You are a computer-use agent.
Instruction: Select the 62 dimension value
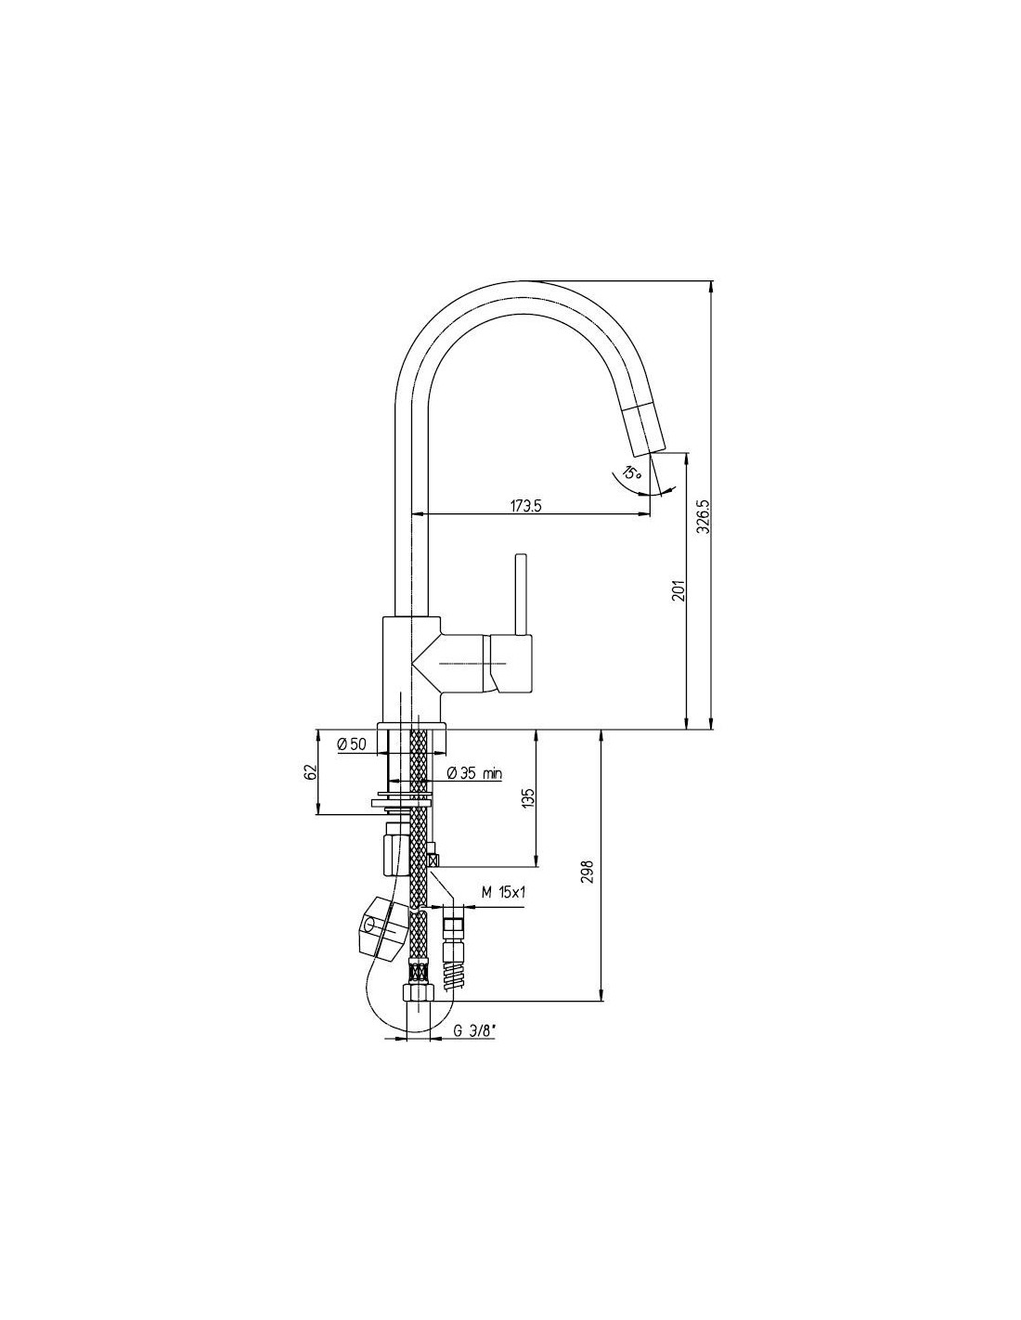click(x=311, y=771)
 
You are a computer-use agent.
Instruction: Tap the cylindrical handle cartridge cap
click(x=510, y=662)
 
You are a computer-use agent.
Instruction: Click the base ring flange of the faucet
click(x=412, y=725)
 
